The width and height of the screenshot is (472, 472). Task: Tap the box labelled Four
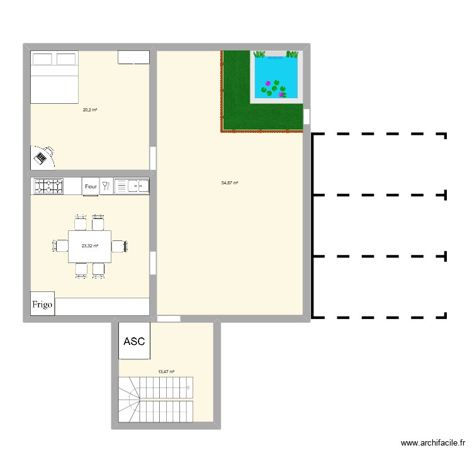(91, 186)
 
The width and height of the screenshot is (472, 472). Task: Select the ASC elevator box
(134, 342)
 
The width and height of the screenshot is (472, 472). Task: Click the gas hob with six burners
(48, 186)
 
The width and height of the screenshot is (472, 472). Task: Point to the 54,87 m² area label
(230, 183)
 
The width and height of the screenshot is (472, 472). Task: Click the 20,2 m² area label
(89, 110)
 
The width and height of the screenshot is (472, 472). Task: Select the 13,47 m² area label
(166, 372)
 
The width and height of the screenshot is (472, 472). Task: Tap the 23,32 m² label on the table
(90, 246)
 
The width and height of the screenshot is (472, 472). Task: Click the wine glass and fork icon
(106, 186)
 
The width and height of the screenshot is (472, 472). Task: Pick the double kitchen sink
(132, 186)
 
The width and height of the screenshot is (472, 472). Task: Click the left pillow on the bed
(42, 59)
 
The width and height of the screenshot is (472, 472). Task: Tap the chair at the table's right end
(120, 245)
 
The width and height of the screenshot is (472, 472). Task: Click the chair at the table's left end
(60, 245)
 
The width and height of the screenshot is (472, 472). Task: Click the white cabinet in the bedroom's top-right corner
(133, 57)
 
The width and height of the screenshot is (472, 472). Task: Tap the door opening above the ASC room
(168, 319)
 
